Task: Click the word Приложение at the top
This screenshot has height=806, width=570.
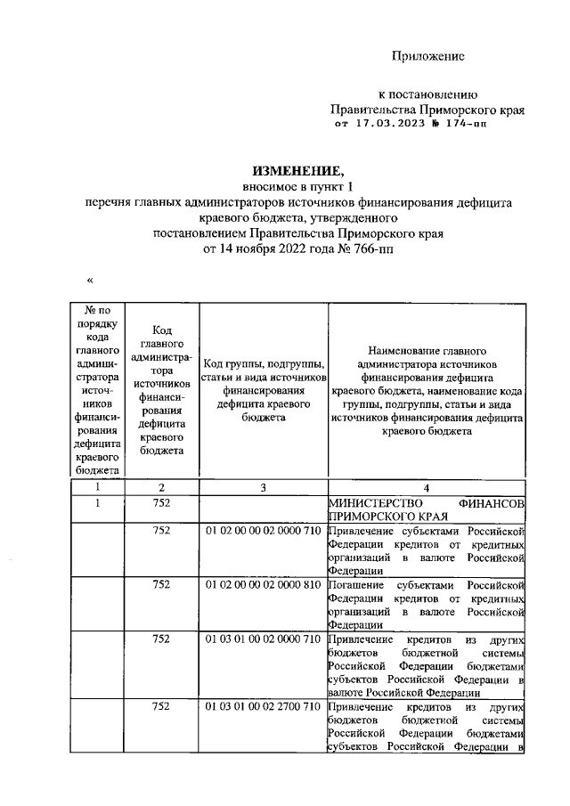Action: (x=429, y=57)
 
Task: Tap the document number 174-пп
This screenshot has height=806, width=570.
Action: (x=466, y=126)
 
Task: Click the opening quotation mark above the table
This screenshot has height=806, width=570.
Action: (x=90, y=281)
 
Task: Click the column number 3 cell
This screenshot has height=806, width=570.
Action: (x=264, y=487)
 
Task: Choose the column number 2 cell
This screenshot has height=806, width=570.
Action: (x=161, y=487)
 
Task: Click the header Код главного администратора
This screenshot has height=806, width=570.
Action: (x=161, y=388)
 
